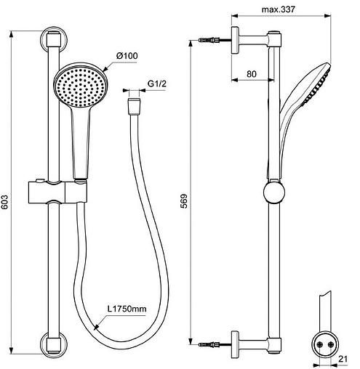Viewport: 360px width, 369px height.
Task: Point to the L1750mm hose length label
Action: (x=127, y=309)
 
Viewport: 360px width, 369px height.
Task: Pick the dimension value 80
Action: (x=252, y=73)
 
